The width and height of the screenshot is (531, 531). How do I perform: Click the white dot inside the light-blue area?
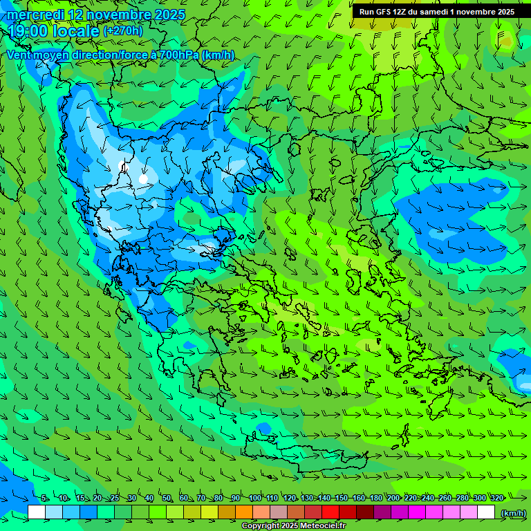click(143, 178)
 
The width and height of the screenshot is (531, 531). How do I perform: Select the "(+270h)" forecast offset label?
click(123, 30)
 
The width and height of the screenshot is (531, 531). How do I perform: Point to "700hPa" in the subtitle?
click(179, 55)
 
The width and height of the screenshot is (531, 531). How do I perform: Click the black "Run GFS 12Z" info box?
click(437, 12)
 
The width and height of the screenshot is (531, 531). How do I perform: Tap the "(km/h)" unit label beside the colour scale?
click(512, 513)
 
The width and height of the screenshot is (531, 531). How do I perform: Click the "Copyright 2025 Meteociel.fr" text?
click(293, 526)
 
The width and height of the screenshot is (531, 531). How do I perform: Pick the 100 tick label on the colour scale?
click(255, 498)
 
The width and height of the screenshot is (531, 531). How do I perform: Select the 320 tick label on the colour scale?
click(496, 498)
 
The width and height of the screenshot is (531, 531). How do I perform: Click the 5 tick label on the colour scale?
click(44, 498)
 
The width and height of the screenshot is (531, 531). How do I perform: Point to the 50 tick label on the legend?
click(167, 498)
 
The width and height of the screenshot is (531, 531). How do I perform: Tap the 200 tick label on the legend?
click(393, 498)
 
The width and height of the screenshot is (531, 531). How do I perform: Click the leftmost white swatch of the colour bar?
click(37, 512)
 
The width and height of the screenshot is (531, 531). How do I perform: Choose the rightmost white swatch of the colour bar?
click(486, 512)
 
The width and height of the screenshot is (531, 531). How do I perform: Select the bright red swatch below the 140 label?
click(330, 512)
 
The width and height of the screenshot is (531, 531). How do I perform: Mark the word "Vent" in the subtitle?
click(19, 55)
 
